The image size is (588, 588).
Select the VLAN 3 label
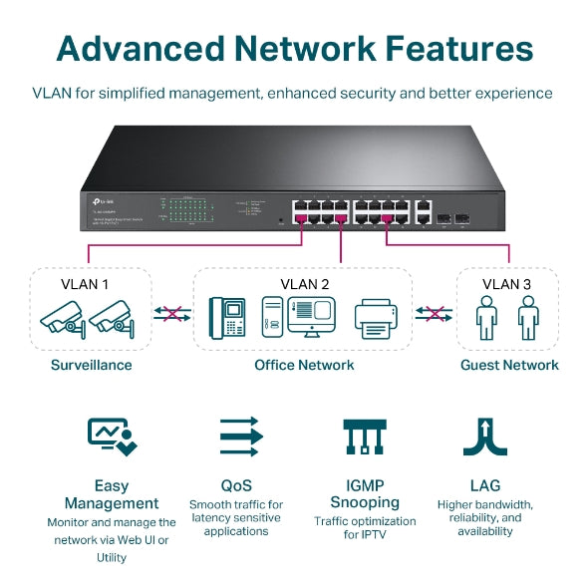coord(507,283)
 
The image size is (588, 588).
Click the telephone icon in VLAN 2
coord(227,317)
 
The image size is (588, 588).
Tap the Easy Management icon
coord(112,437)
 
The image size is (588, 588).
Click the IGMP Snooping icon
coord(364,437)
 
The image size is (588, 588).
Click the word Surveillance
coord(91,365)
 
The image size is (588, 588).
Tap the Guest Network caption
coord(509,365)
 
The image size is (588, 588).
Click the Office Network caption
coord(304,365)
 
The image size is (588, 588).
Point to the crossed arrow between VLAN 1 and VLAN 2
coord(172,314)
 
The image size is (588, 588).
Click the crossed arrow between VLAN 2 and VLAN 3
coord(434,314)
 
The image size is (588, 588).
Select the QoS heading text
coord(236,485)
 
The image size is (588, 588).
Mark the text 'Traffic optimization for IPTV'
coord(364,527)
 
